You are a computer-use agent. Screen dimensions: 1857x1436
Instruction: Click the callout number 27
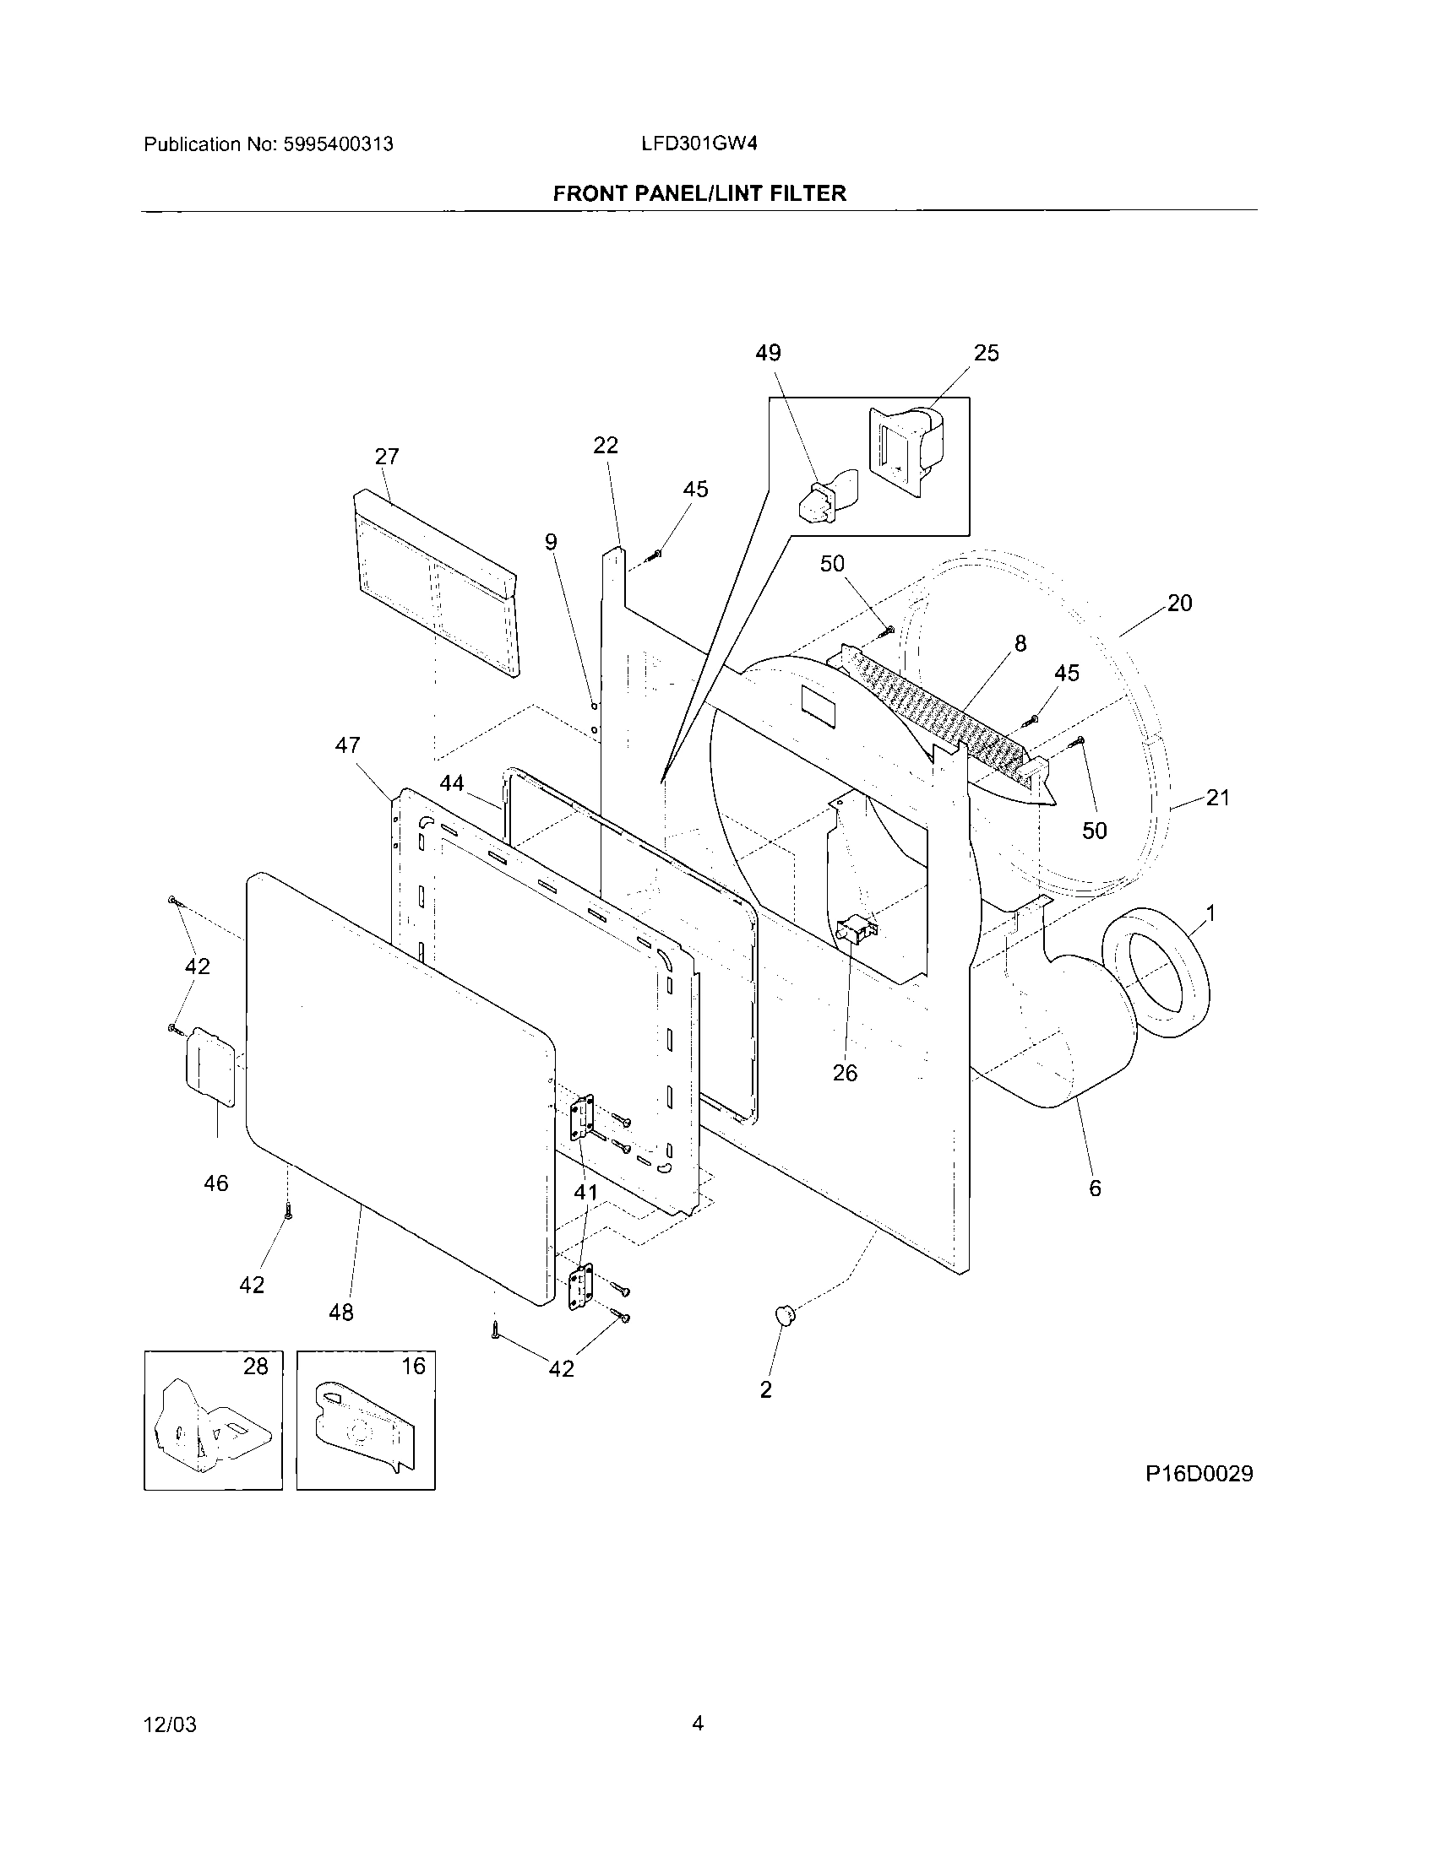coord(387,457)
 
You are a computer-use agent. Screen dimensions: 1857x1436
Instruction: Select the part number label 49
coord(767,353)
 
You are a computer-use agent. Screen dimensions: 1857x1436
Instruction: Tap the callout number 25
coord(986,353)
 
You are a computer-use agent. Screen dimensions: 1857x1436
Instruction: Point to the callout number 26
coord(845,1073)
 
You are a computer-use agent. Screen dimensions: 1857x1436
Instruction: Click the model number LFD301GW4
coord(699,143)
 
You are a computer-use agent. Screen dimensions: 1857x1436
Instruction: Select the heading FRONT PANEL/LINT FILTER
coord(699,194)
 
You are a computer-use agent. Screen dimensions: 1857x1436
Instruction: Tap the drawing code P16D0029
coord(1199,1474)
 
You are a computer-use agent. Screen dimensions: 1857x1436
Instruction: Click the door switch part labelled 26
coord(857,930)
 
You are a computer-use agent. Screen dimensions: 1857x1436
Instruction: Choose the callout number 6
coord(1095,1188)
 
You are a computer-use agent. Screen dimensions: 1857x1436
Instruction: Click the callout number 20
coord(1179,603)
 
